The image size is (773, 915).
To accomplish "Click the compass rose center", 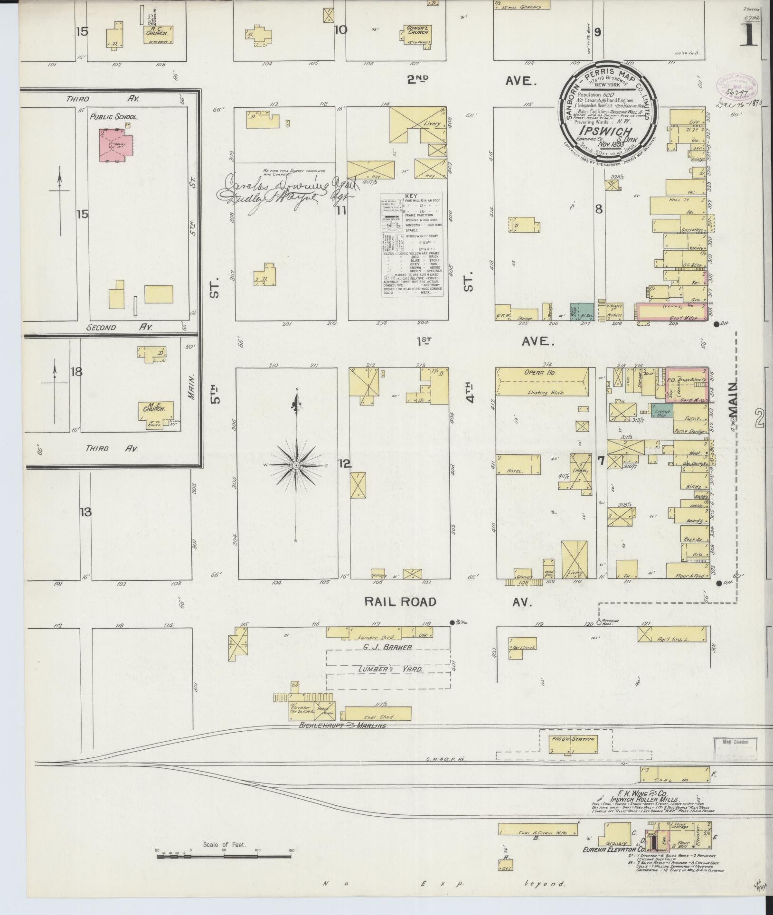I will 296,465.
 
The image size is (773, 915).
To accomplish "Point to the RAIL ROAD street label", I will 400,602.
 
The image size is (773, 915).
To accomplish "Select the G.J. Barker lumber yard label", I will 387,647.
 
